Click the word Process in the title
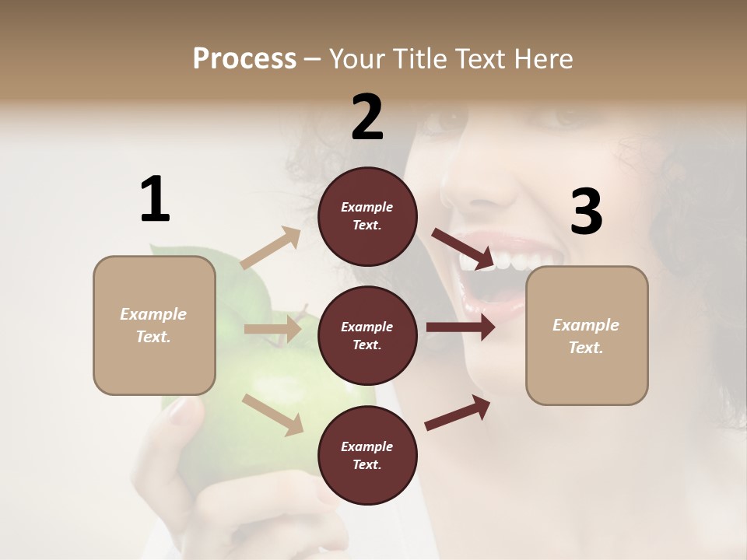(x=244, y=59)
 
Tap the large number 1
(x=155, y=199)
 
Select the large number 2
(x=367, y=117)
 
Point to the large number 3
(x=586, y=212)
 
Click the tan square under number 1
(x=154, y=325)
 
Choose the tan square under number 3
(x=587, y=335)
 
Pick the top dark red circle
(x=367, y=216)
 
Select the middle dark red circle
(x=367, y=335)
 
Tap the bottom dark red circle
(x=367, y=455)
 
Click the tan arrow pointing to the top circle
(x=271, y=249)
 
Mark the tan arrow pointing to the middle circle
(x=272, y=329)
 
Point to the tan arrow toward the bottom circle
(x=272, y=414)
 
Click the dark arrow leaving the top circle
(x=463, y=249)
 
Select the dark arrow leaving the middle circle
(x=460, y=327)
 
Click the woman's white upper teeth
(x=498, y=259)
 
